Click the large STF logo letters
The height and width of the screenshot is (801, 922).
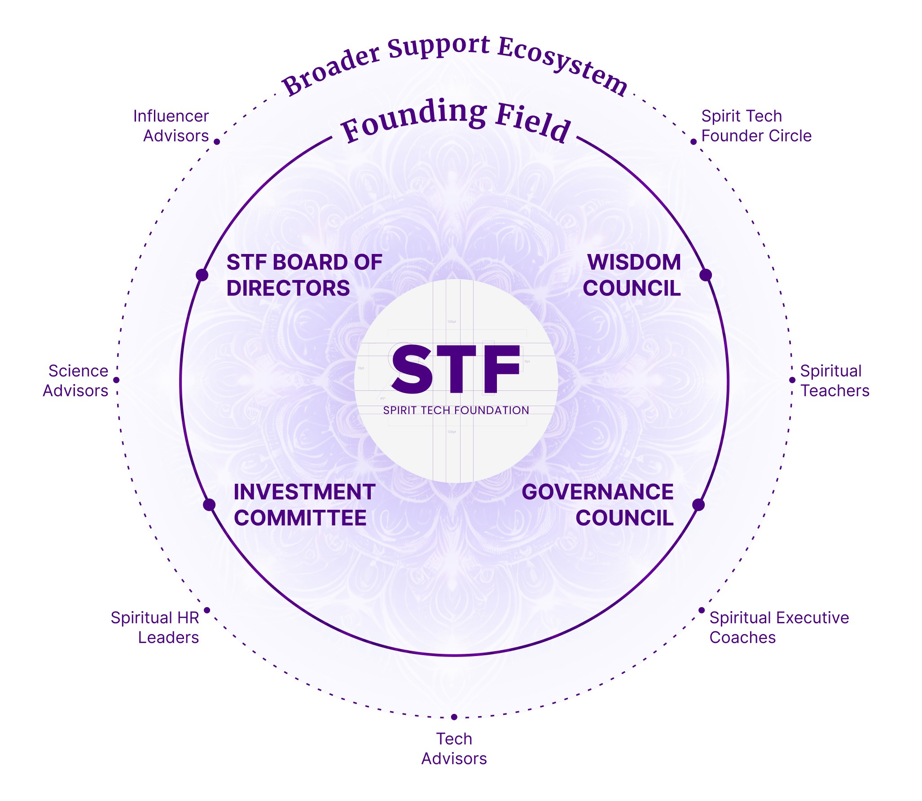(x=455, y=369)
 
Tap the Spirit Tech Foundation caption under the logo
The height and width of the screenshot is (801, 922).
(x=456, y=410)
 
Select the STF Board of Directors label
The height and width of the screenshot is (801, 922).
(x=304, y=275)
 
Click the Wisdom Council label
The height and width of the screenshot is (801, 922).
(x=632, y=275)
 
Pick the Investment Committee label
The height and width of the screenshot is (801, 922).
(x=304, y=505)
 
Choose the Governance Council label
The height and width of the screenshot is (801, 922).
(x=598, y=505)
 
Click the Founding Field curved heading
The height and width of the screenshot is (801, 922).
(x=455, y=120)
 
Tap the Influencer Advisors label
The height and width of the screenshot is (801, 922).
(x=171, y=126)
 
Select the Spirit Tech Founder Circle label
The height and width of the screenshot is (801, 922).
(x=756, y=126)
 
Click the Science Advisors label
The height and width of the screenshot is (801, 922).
(x=76, y=381)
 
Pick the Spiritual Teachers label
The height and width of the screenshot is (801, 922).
(x=834, y=381)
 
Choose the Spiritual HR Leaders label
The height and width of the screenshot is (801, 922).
(x=155, y=627)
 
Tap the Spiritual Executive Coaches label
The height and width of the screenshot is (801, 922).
(x=779, y=627)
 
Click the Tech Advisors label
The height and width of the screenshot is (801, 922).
(x=454, y=748)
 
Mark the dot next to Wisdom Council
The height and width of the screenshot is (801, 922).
(x=706, y=275)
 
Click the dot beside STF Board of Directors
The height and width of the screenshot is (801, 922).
(x=202, y=275)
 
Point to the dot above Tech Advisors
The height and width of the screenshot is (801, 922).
(x=454, y=717)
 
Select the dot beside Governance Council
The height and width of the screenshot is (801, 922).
(x=698, y=505)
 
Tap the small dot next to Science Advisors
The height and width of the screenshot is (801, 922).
(x=117, y=380)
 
